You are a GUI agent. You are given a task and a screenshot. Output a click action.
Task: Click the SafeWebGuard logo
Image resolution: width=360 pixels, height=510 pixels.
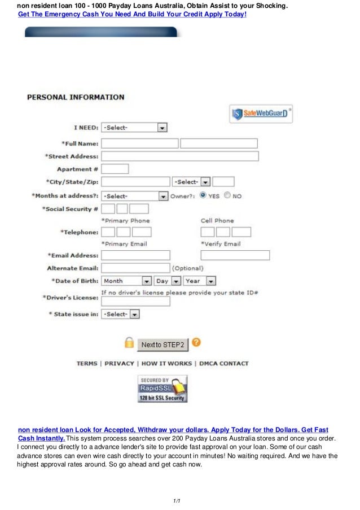pos(261,114)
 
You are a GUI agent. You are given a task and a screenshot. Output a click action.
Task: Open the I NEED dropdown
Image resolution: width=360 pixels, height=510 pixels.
pos(134,128)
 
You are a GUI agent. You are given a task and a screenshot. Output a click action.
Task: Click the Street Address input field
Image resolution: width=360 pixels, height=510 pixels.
pos(179,156)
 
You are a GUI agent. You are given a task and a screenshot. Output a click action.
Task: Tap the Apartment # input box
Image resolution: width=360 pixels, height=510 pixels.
pos(115,169)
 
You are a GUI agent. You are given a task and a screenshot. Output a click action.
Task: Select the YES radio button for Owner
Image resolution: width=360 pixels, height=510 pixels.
pos(203,195)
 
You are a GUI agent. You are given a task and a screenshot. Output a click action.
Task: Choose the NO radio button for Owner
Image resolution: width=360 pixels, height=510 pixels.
pos(227,195)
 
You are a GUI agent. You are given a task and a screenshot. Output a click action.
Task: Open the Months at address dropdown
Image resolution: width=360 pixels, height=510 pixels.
pos(134,196)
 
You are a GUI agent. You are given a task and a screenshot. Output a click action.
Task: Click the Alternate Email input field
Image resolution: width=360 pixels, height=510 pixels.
pos(135,268)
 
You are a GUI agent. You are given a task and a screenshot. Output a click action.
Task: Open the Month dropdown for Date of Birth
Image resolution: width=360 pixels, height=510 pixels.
pos(126,281)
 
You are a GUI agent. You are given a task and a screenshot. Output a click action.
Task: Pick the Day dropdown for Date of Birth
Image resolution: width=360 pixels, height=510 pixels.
pos(168,281)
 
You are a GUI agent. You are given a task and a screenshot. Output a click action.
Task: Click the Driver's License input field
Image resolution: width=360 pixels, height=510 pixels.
pos(135,301)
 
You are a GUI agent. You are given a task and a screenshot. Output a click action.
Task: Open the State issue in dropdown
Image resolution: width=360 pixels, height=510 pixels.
pos(120,314)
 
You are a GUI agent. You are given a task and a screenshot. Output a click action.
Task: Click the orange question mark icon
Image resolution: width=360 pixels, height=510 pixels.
pos(196,342)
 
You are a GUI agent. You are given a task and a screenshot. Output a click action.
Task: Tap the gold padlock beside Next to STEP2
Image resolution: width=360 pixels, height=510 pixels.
pos(129,343)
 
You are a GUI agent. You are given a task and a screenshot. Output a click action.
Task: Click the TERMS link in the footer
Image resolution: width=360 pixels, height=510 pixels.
pos(87,364)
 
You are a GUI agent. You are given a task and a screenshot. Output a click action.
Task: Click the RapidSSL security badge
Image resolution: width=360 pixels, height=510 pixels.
pos(163,389)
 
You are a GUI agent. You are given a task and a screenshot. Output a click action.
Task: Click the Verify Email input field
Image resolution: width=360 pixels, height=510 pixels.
pos(235,255)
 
